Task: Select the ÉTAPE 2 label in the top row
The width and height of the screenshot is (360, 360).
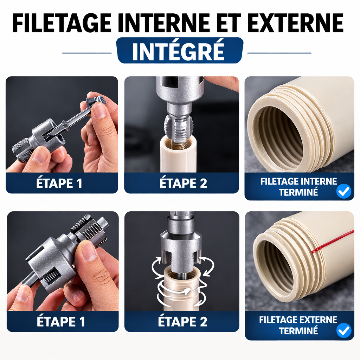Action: (183, 184)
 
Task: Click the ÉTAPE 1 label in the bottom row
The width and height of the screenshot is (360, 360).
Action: (60, 322)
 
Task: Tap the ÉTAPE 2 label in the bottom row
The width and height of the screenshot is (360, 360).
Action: (182, 322)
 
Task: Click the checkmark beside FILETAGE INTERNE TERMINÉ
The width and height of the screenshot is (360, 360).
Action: (343, 192)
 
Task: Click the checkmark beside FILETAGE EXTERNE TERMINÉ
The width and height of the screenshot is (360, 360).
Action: (343, 331)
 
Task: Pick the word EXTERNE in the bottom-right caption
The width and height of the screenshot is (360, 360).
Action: (318, 320)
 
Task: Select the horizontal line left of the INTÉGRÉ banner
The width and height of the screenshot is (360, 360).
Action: (87, 53)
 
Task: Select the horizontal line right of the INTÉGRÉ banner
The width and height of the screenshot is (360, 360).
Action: (279, 53)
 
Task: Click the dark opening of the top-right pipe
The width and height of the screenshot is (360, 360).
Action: (278, 137)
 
